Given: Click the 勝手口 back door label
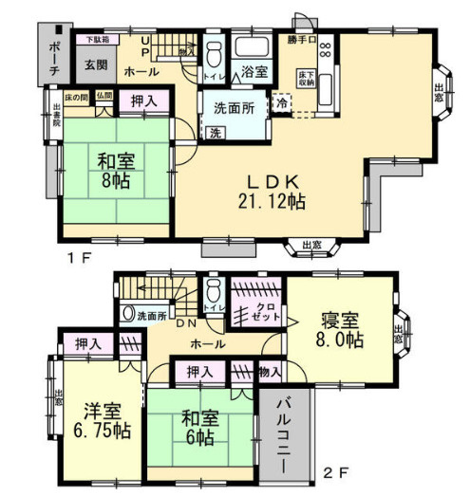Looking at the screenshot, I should [x=300, y=40].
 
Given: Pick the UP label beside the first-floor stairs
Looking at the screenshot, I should [x=145, y=46].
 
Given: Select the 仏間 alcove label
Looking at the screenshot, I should [x=103, y=96].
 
